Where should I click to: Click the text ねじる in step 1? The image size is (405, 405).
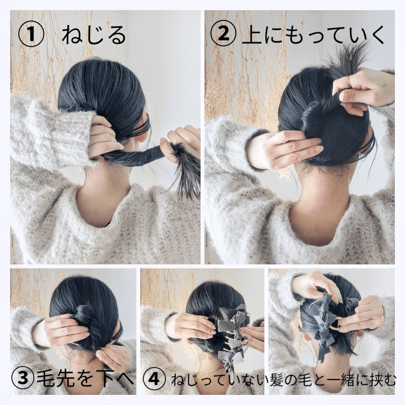tap(94, 36)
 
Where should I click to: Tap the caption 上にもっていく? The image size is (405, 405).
tap(313, 35)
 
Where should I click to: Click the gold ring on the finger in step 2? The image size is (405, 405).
tap(349, 80)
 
